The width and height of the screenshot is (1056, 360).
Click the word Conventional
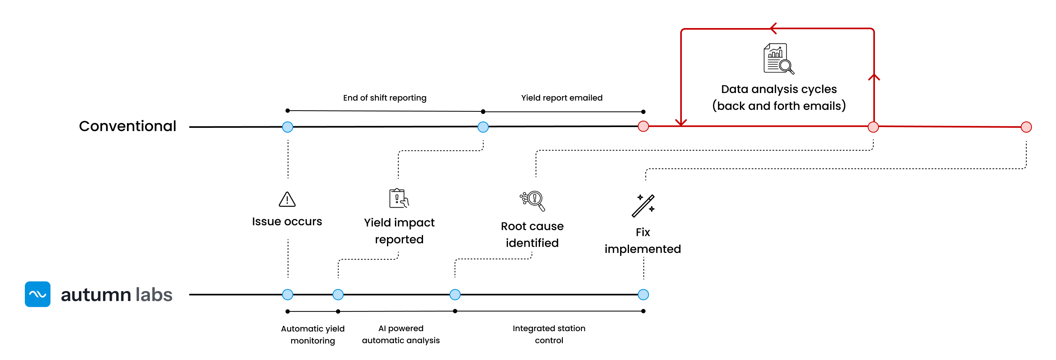(x=127, y=126)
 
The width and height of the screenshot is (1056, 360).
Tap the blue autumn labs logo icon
(x=37, y=294)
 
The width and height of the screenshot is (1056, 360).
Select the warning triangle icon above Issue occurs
(x=287, y=199)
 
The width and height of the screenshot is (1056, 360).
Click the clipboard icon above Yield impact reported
(x=399, y=198)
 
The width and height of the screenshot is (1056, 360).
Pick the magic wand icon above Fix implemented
(x=643, y=206)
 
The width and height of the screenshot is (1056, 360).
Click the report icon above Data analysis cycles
(x=778, y=59)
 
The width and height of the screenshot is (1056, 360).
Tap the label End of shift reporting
(x=385, y=97)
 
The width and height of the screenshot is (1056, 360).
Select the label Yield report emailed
(x=561, y=97)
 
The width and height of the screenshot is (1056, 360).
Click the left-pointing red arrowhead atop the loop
(x=773, y=28)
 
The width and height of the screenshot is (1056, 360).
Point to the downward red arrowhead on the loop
(x=681, y=122)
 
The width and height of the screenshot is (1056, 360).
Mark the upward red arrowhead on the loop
(x=874, y=77)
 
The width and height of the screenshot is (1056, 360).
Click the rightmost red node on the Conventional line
(x=1026, y=127)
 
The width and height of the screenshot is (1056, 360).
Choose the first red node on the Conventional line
(x=643, y=126)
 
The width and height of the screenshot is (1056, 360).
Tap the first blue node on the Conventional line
(x=288, y=127)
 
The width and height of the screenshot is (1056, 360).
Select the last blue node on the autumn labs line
(x=643, y=294)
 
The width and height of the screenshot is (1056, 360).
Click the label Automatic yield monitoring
(x=312, y=334)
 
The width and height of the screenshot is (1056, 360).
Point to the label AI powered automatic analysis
(x=401, y=334)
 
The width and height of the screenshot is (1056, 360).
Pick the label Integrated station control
(x=548, y=334)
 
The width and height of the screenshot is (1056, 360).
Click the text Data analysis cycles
(x=778, y=89)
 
